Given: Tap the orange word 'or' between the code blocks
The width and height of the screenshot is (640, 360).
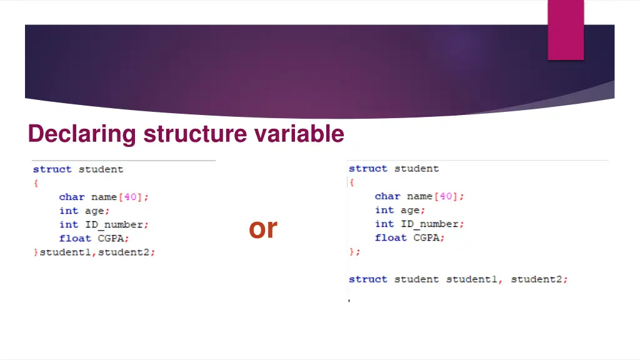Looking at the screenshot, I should (263, 229).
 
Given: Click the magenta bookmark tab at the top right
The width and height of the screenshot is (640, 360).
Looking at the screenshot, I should (566, 29).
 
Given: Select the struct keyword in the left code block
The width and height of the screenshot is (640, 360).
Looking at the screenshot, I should (52, 169).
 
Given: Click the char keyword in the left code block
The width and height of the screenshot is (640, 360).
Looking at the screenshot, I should (72, 197).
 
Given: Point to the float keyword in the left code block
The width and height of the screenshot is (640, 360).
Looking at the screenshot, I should (75, 238).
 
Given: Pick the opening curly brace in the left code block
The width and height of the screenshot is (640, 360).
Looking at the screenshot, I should (36, 183).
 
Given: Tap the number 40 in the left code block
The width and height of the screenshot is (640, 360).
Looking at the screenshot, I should (131, 197).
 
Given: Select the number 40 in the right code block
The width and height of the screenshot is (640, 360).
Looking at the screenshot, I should (446, 196).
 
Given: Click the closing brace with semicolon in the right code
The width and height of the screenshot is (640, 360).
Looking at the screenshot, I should (354, 252).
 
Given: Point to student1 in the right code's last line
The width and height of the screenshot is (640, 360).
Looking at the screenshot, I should (471, 279).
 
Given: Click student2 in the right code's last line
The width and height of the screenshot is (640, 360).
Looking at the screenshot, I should (536, 279).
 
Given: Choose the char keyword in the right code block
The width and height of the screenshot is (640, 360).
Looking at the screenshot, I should (387, 196).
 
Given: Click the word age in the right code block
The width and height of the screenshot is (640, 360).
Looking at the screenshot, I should (410, 211).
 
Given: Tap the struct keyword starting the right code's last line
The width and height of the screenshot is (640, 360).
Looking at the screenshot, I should (368, 279).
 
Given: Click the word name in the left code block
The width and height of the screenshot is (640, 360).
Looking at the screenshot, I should (104, 197).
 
